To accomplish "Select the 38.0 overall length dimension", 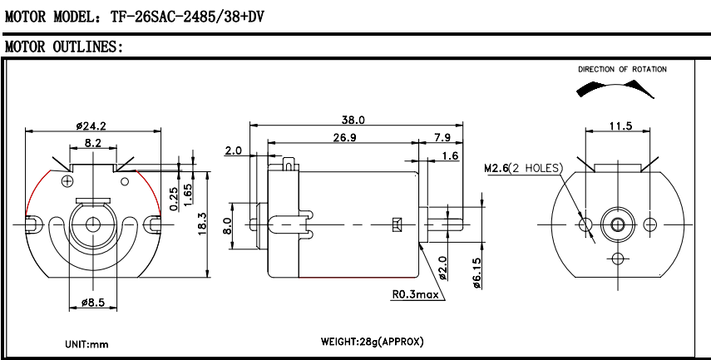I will click(353, 121).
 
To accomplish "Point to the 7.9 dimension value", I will click(442, 137).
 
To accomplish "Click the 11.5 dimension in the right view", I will click(620, 126).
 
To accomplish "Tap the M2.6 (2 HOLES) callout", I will click(523, 169).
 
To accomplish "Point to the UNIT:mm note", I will click(86, 343).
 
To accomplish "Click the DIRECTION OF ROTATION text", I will click(622, 70).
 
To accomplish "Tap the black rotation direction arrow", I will click(636, 86).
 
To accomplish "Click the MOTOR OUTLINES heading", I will click(64, 47).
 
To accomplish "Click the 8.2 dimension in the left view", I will click(92, 144).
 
